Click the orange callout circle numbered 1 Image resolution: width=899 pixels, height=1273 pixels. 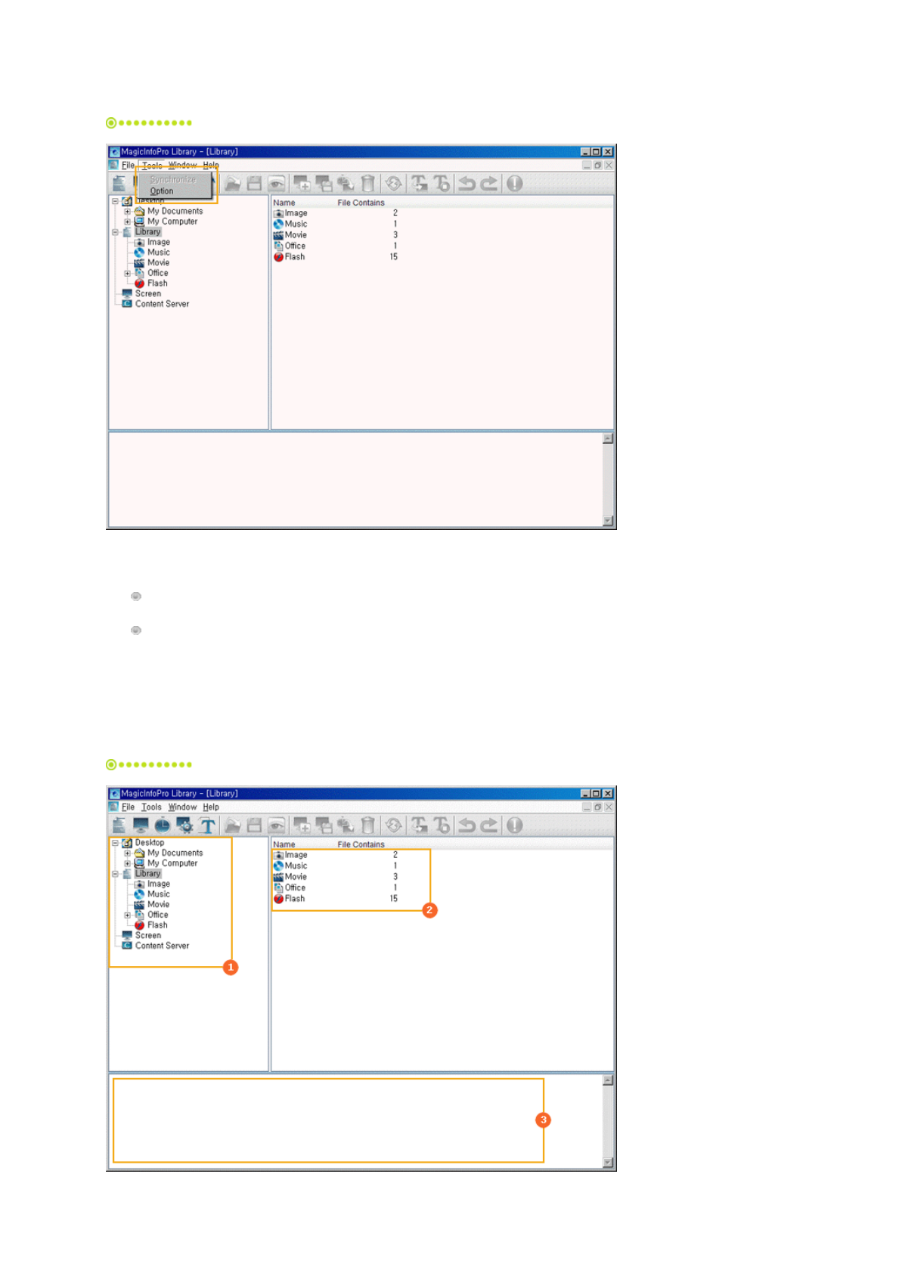pos(231,967)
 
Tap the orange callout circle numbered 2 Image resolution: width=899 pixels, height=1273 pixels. pos(429,910)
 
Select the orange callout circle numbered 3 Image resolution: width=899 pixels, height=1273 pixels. pos(543,1120)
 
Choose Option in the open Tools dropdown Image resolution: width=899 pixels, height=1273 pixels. pos(162,191)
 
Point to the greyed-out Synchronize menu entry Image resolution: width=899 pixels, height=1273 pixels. pos(172,180)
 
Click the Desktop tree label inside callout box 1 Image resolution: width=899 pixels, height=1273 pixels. pos(150,842)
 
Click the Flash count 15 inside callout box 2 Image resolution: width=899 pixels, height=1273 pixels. pos(393,899)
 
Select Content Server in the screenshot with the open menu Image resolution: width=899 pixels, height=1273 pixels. pos(162,304)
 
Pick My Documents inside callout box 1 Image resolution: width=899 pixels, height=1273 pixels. pos(175,853)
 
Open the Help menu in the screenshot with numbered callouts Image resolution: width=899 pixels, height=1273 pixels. pos(211,807)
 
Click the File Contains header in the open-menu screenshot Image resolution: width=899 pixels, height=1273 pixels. pos(361,203)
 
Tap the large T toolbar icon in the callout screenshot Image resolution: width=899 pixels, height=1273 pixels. pos(208,825)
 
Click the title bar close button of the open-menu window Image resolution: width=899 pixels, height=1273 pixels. pos(608,152)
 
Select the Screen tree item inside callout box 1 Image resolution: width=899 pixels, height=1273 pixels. pos(148,935)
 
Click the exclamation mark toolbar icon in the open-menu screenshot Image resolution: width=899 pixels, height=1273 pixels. pos(515,184)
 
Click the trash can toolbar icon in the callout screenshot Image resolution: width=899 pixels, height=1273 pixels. pos(367,825)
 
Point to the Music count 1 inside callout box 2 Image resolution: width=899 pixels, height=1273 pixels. pos(395,866)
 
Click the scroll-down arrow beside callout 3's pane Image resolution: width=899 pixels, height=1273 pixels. pos(607,1163)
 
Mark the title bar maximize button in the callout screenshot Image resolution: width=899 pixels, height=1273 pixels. pos(596,794)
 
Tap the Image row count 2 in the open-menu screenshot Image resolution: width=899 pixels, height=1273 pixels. pos(395,213)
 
